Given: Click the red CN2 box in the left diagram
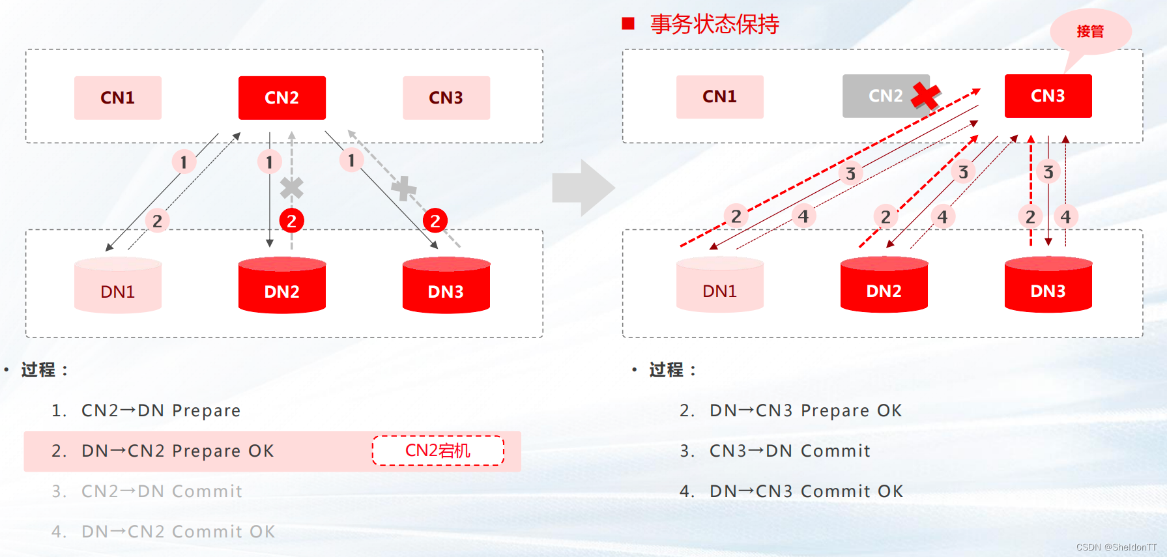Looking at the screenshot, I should tap(281, 98).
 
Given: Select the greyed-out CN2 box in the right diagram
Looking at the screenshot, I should tap(885, 96).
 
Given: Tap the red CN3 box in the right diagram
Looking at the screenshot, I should tap(1048, 96).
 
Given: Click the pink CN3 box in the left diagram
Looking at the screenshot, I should tap(446, 98).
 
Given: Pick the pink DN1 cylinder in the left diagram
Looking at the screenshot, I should tap(118, 286).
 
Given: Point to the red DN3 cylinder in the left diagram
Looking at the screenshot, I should tap(446, 286).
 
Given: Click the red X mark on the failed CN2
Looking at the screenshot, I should tap(925, 95).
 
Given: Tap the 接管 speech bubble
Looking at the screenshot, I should tap(1090, 31).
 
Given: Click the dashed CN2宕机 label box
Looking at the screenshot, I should tap(438, 451).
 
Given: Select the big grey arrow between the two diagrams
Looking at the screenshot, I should tap(583, 188).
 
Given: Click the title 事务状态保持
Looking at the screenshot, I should tap(714, 25).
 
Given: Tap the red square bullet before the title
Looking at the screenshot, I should tap(628, 24).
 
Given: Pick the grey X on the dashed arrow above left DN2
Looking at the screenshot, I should tap(291, 188).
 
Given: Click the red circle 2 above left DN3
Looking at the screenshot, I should tap(435, 221).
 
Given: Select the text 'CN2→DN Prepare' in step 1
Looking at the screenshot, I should tap(161, 410).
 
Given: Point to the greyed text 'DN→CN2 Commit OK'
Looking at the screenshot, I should tap(178, 532).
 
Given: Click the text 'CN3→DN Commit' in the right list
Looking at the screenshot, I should tap(790, 451).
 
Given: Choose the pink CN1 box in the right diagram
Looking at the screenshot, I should tap(719, 96).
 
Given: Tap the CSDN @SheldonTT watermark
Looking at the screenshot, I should tap(1116, 547).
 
